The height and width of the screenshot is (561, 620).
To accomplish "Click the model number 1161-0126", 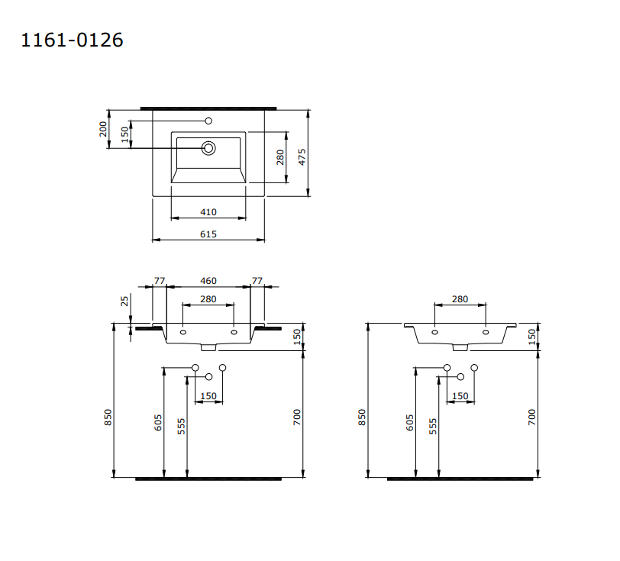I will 71,40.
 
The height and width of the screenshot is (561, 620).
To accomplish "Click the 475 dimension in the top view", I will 302,156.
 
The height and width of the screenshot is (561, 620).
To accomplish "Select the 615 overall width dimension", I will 208,234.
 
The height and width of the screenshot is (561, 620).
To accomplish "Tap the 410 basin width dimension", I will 208,212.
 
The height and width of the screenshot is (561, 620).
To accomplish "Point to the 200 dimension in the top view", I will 104,128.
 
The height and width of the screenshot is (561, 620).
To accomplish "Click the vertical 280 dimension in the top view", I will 280,157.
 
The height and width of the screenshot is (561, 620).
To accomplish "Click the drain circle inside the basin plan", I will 208,148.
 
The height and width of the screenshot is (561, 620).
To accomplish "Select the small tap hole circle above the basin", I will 208,121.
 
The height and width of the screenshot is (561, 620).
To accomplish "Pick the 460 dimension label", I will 208,282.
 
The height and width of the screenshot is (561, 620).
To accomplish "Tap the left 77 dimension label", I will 160,282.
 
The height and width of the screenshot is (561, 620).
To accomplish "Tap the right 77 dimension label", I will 257,282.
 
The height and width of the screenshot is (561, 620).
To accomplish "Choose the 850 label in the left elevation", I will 108,417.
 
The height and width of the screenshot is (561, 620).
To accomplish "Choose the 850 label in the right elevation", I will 363,417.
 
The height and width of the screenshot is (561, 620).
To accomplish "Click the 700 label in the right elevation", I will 532,417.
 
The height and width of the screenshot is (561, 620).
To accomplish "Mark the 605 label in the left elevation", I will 159,424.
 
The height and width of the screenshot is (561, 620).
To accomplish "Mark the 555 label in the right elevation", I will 433,426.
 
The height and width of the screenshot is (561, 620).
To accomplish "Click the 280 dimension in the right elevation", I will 460,299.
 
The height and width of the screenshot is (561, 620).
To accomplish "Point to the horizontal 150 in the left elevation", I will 208,396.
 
